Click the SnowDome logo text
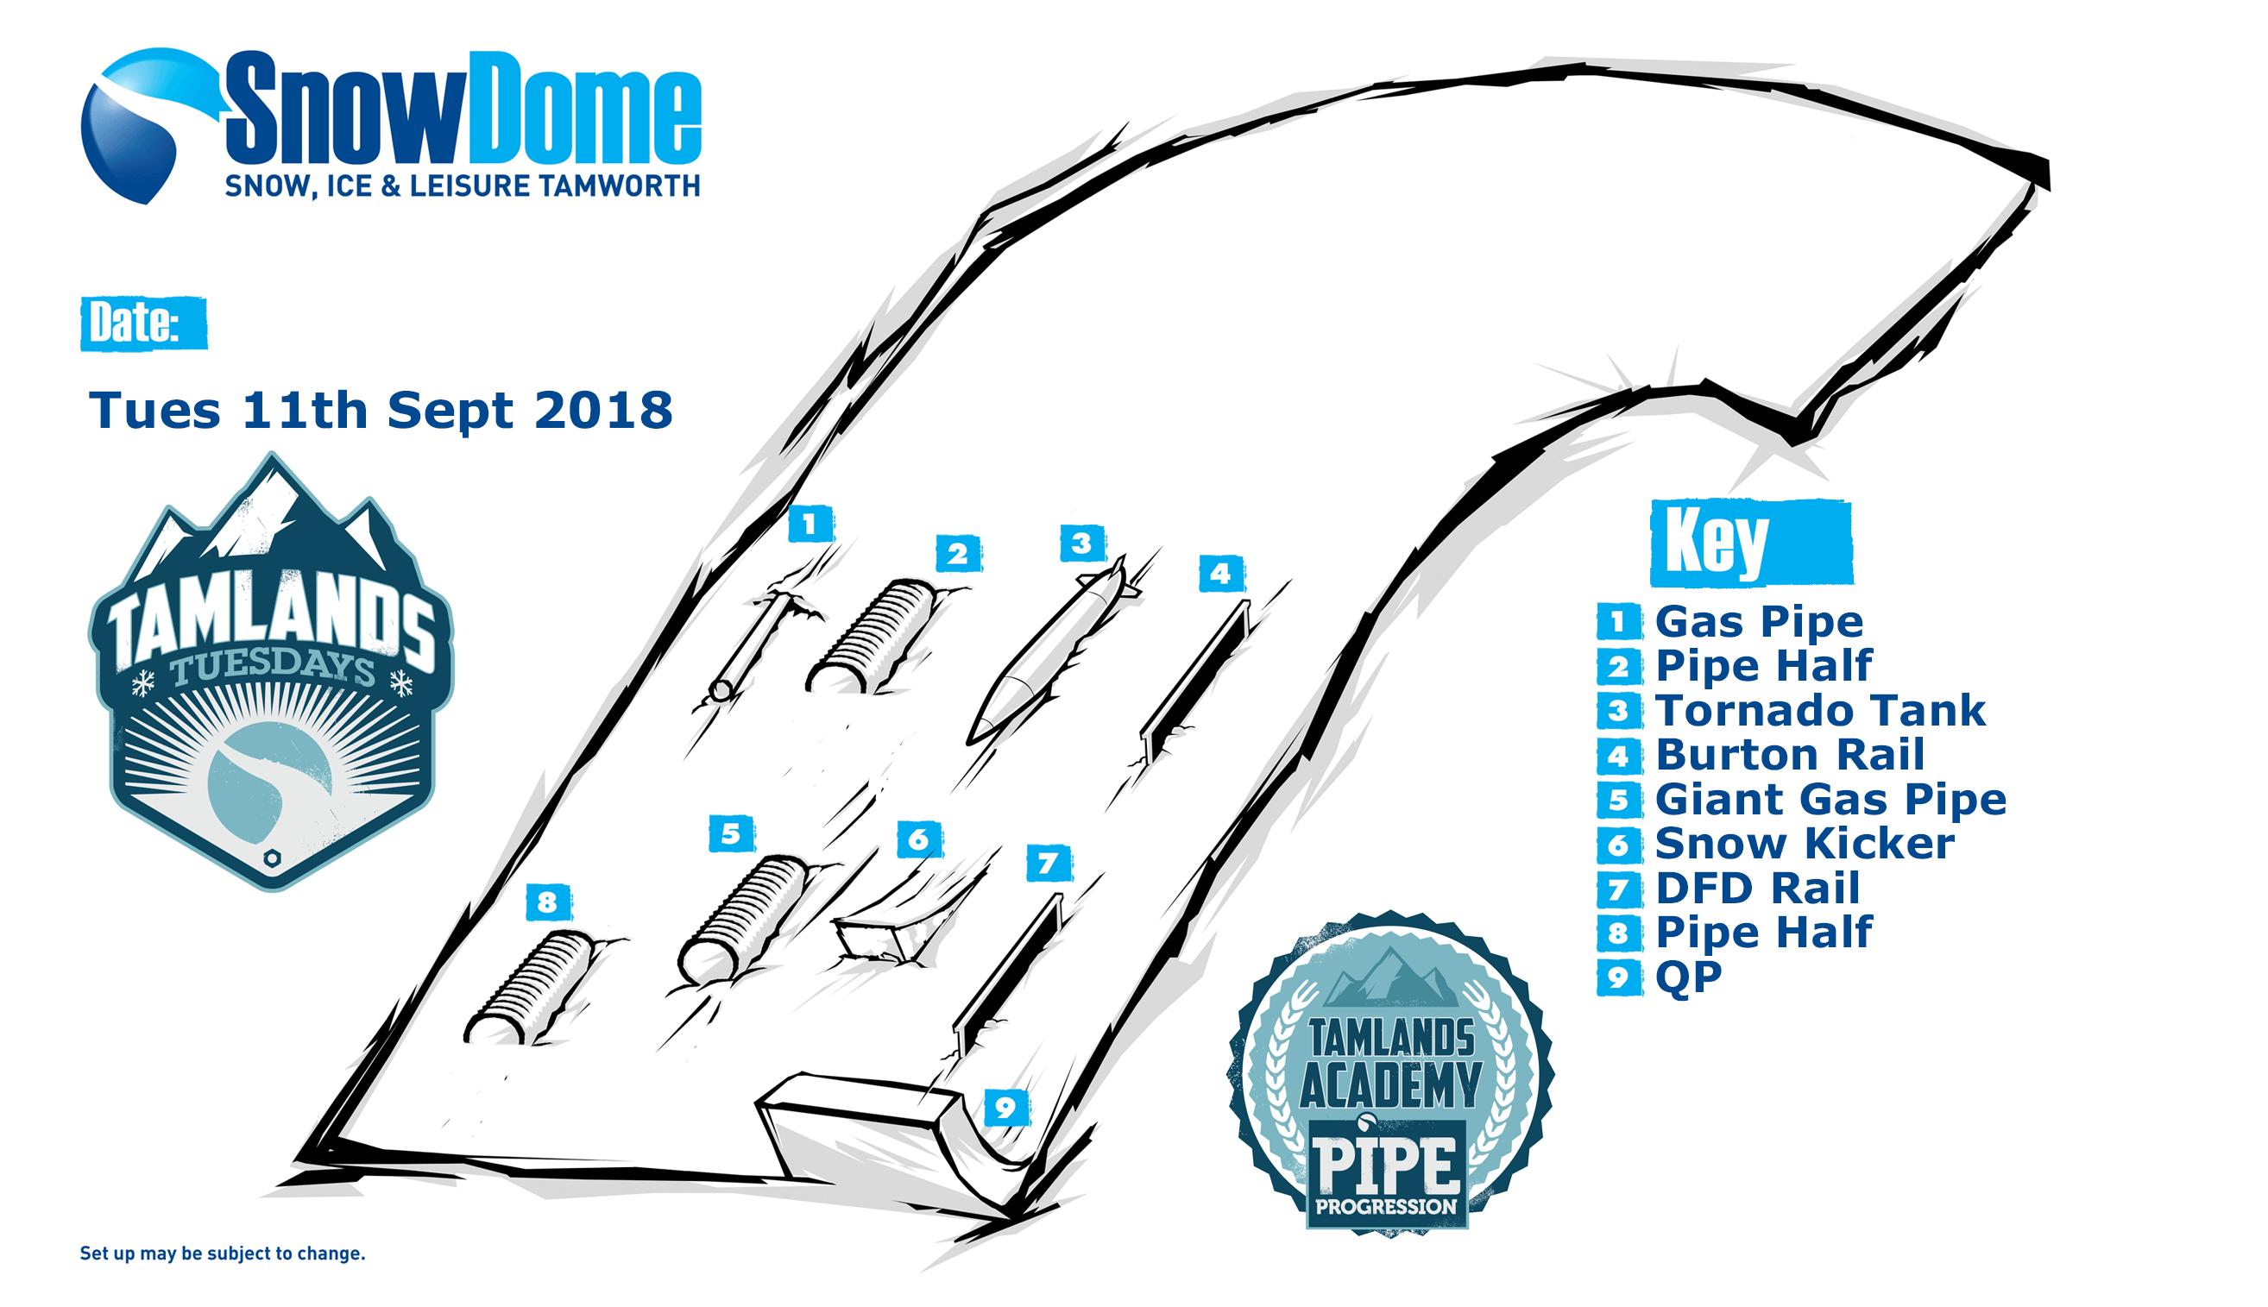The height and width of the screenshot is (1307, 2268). pyautogui.click(x=463, y=110)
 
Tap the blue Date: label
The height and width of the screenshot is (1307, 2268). pyautogui.click(x=143, y=323)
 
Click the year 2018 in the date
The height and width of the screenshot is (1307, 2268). pyautogui.click(x=602, y=411)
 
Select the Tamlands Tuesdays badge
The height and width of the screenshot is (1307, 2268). pyautogui.click(x=271, y=670)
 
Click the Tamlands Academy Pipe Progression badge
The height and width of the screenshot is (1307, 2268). pyautogui.click(x=1391, y=1073)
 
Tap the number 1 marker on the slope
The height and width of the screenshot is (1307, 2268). pyautogui.click(x=810, y=524)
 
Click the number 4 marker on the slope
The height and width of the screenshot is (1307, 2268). pyautogui.click(x=1221, y=573)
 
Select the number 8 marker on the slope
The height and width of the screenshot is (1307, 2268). pyautogui.click(x=548, y=902)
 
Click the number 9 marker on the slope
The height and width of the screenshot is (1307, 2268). pyautogui.click(x=1005, y=1108)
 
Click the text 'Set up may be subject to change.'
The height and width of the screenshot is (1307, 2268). pyautogui.click(x=223, y=1254)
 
